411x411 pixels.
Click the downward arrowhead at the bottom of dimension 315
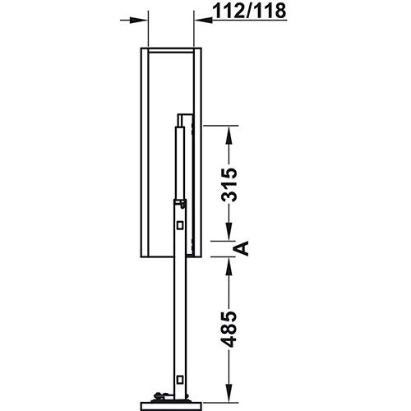(230, 235)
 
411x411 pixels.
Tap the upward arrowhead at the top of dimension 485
(230, 263)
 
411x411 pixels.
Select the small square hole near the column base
(179, 379)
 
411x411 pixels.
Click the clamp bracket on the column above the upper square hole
(178, 201)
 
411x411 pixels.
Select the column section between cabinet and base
(179, 321)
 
